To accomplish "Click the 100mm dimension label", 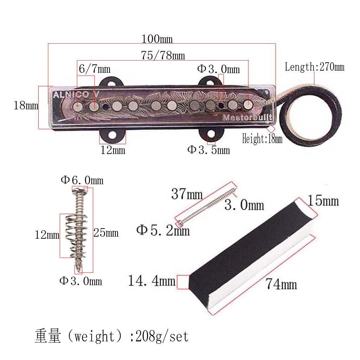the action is (157, 39).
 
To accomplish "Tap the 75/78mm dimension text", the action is (163, 55).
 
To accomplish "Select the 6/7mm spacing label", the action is (94, 69).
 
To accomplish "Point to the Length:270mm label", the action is (315, 67).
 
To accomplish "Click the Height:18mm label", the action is (262, 139).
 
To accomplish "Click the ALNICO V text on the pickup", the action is (76, 94).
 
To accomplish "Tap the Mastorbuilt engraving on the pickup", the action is (247, 117).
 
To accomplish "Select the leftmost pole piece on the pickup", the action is (78, 106).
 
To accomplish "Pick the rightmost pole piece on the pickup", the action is (248, 104).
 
